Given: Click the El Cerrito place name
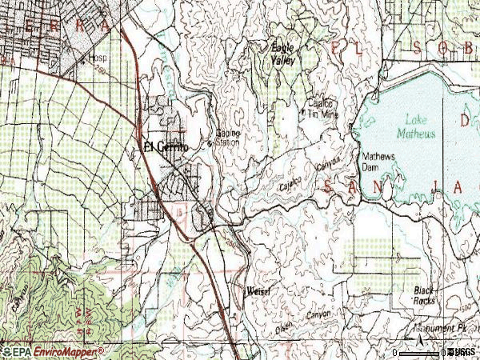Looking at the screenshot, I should click(166, 147).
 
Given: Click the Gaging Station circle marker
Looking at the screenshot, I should click(210, 144).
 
